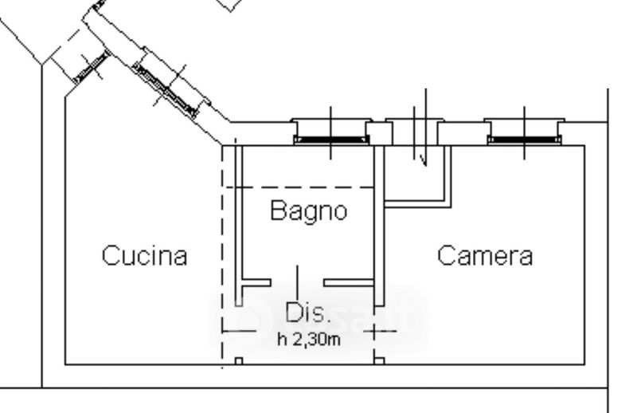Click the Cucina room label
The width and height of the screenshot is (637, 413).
[x=144, y=256]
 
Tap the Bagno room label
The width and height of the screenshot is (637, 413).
[x=308, y=212]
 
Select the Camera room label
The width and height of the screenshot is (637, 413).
[x=485, y=256]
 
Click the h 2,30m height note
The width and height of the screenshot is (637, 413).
[x=309, y=340]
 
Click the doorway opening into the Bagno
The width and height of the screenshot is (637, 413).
[x=297, y=282]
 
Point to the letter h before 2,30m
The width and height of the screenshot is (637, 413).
[x=281, y=340]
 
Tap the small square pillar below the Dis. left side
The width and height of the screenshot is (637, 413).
[x=238, y=361]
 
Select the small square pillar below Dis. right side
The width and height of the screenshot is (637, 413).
[x=379, y=361]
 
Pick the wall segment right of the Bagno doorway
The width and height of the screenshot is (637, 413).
[x=349, y=282]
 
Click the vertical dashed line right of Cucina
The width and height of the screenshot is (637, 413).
[x=221, y=255]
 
